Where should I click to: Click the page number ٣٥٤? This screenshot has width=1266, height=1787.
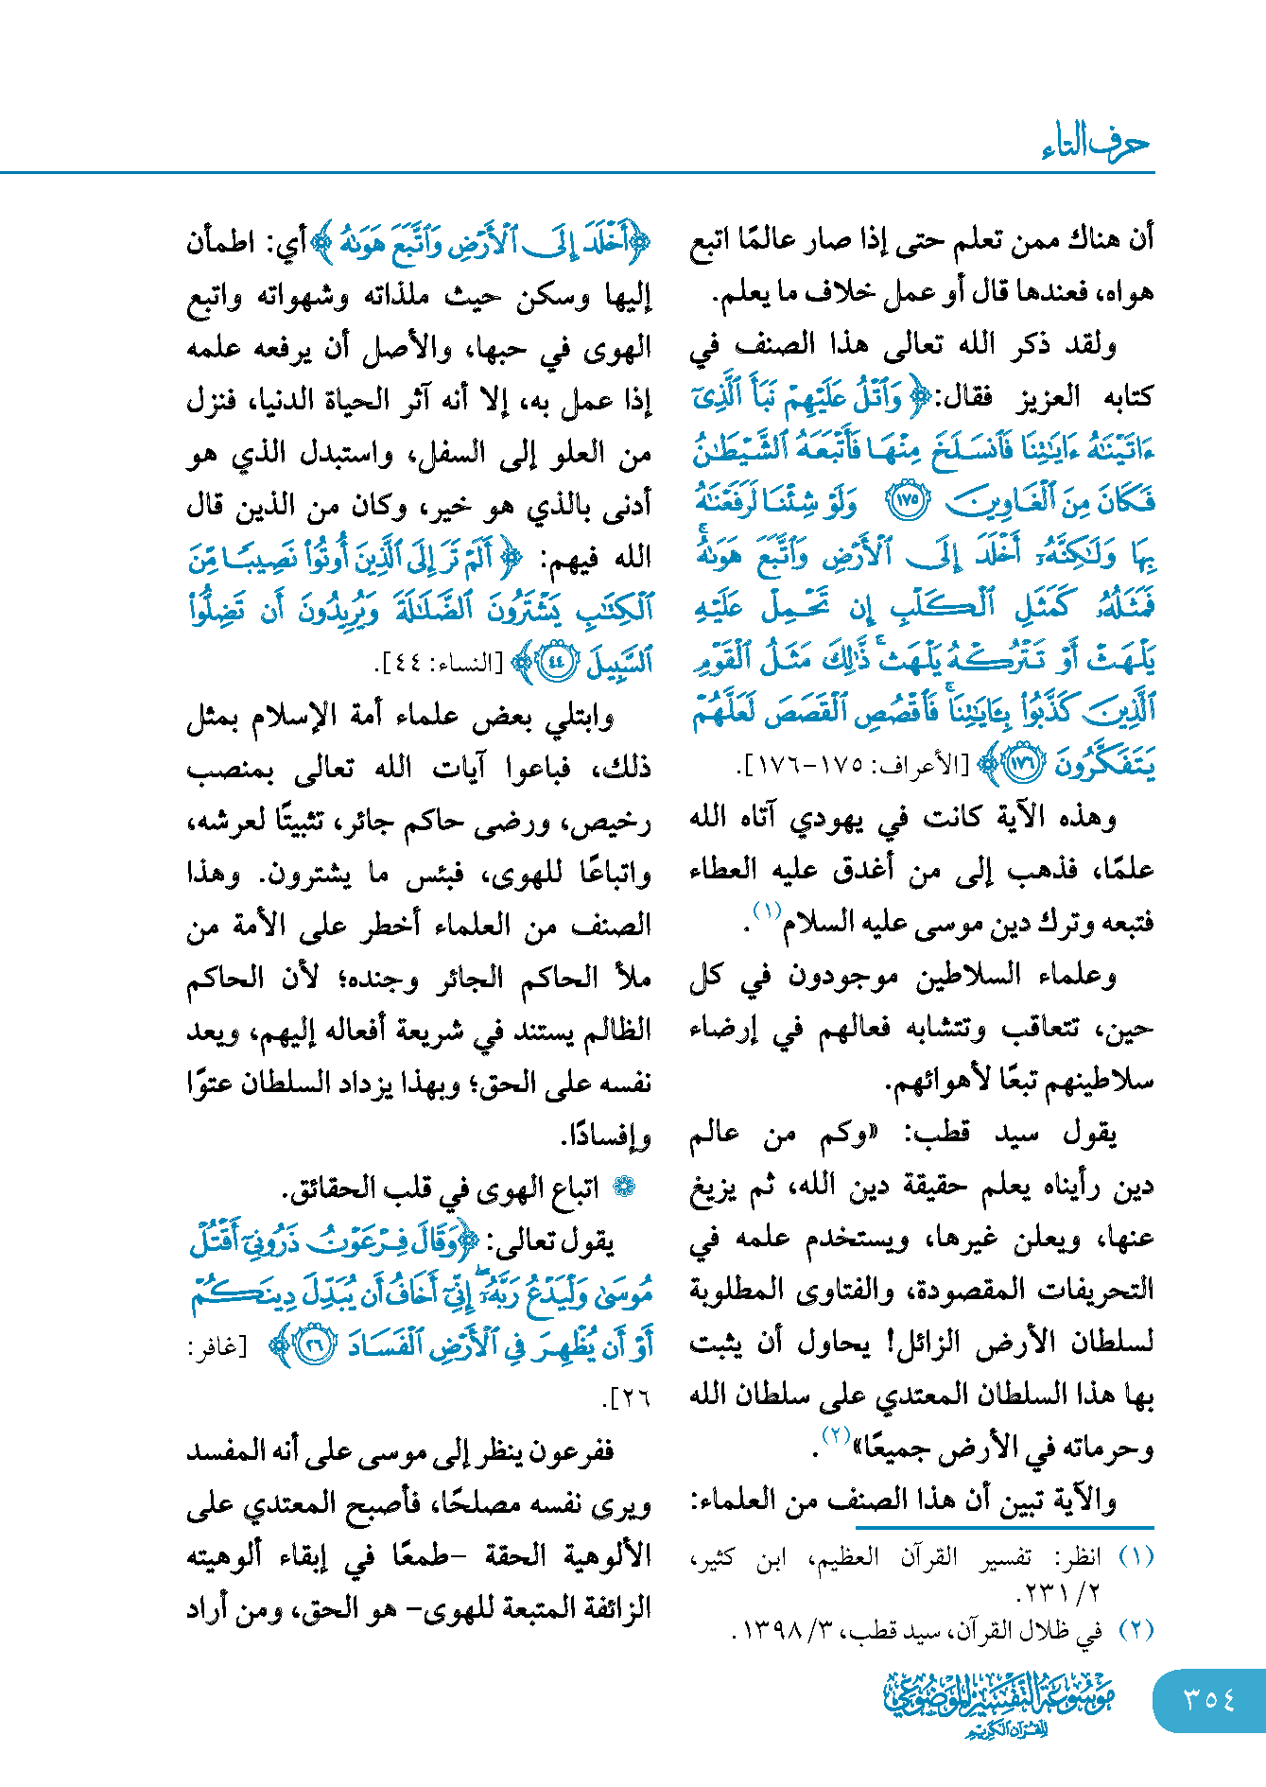(1209, 1699)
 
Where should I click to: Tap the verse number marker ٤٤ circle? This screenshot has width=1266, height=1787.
(556, 662)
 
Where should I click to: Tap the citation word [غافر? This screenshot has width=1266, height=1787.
(217, 1346)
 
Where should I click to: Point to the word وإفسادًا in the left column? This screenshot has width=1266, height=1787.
(607, 1135)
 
